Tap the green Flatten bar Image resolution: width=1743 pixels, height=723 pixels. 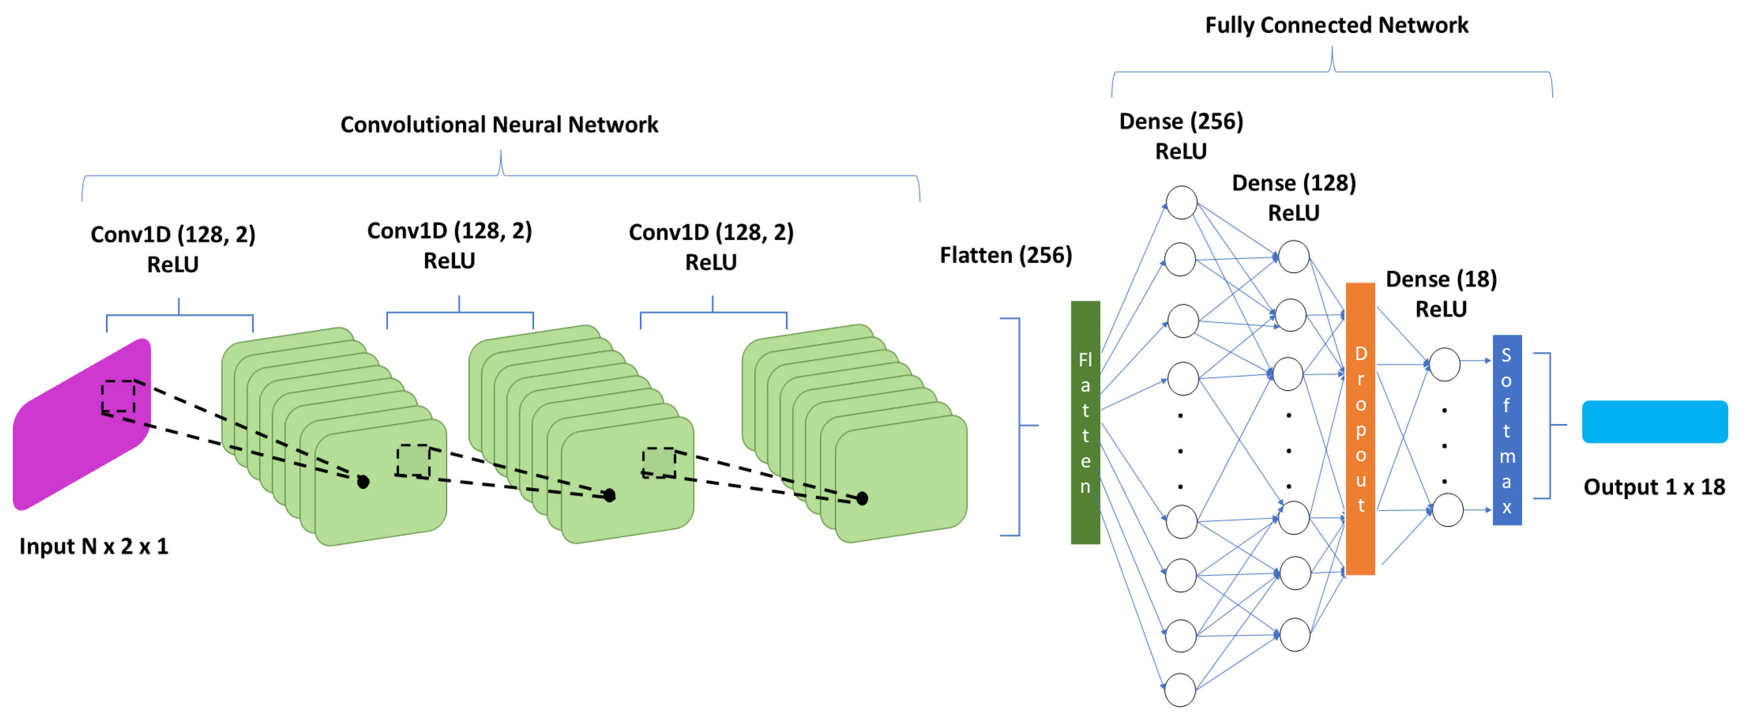(x=1085, y=423)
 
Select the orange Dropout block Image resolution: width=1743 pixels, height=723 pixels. (x=1360, y=429)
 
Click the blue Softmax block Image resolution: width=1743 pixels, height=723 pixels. (x=1507, y=430)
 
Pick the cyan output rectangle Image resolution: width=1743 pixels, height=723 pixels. (x=1654, y=422)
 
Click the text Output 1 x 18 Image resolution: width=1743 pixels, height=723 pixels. (x=1654, y=487)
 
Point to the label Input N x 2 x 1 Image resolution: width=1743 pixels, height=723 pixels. (x=93, y=545)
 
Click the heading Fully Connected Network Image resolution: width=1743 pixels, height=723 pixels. (x=1336, y=25)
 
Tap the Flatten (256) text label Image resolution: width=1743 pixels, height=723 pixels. (x=1005, y=255)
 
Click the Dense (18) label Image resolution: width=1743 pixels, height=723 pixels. (x=1441, y=279)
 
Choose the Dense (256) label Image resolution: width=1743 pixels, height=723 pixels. (x=1181, y=121)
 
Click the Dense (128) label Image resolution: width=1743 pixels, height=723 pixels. (x=1294, y=183)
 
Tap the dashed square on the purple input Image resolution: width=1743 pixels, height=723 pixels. (x=118, y=396)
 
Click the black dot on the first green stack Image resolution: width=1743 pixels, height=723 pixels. (x=363, y=482)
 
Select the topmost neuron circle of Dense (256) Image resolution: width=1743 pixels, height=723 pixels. (x=1181, y=202)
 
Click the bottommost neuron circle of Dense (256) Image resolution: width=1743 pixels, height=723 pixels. (x=1180, y=690)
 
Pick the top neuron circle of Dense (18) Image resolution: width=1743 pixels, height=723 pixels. (x=1445, y=364)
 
